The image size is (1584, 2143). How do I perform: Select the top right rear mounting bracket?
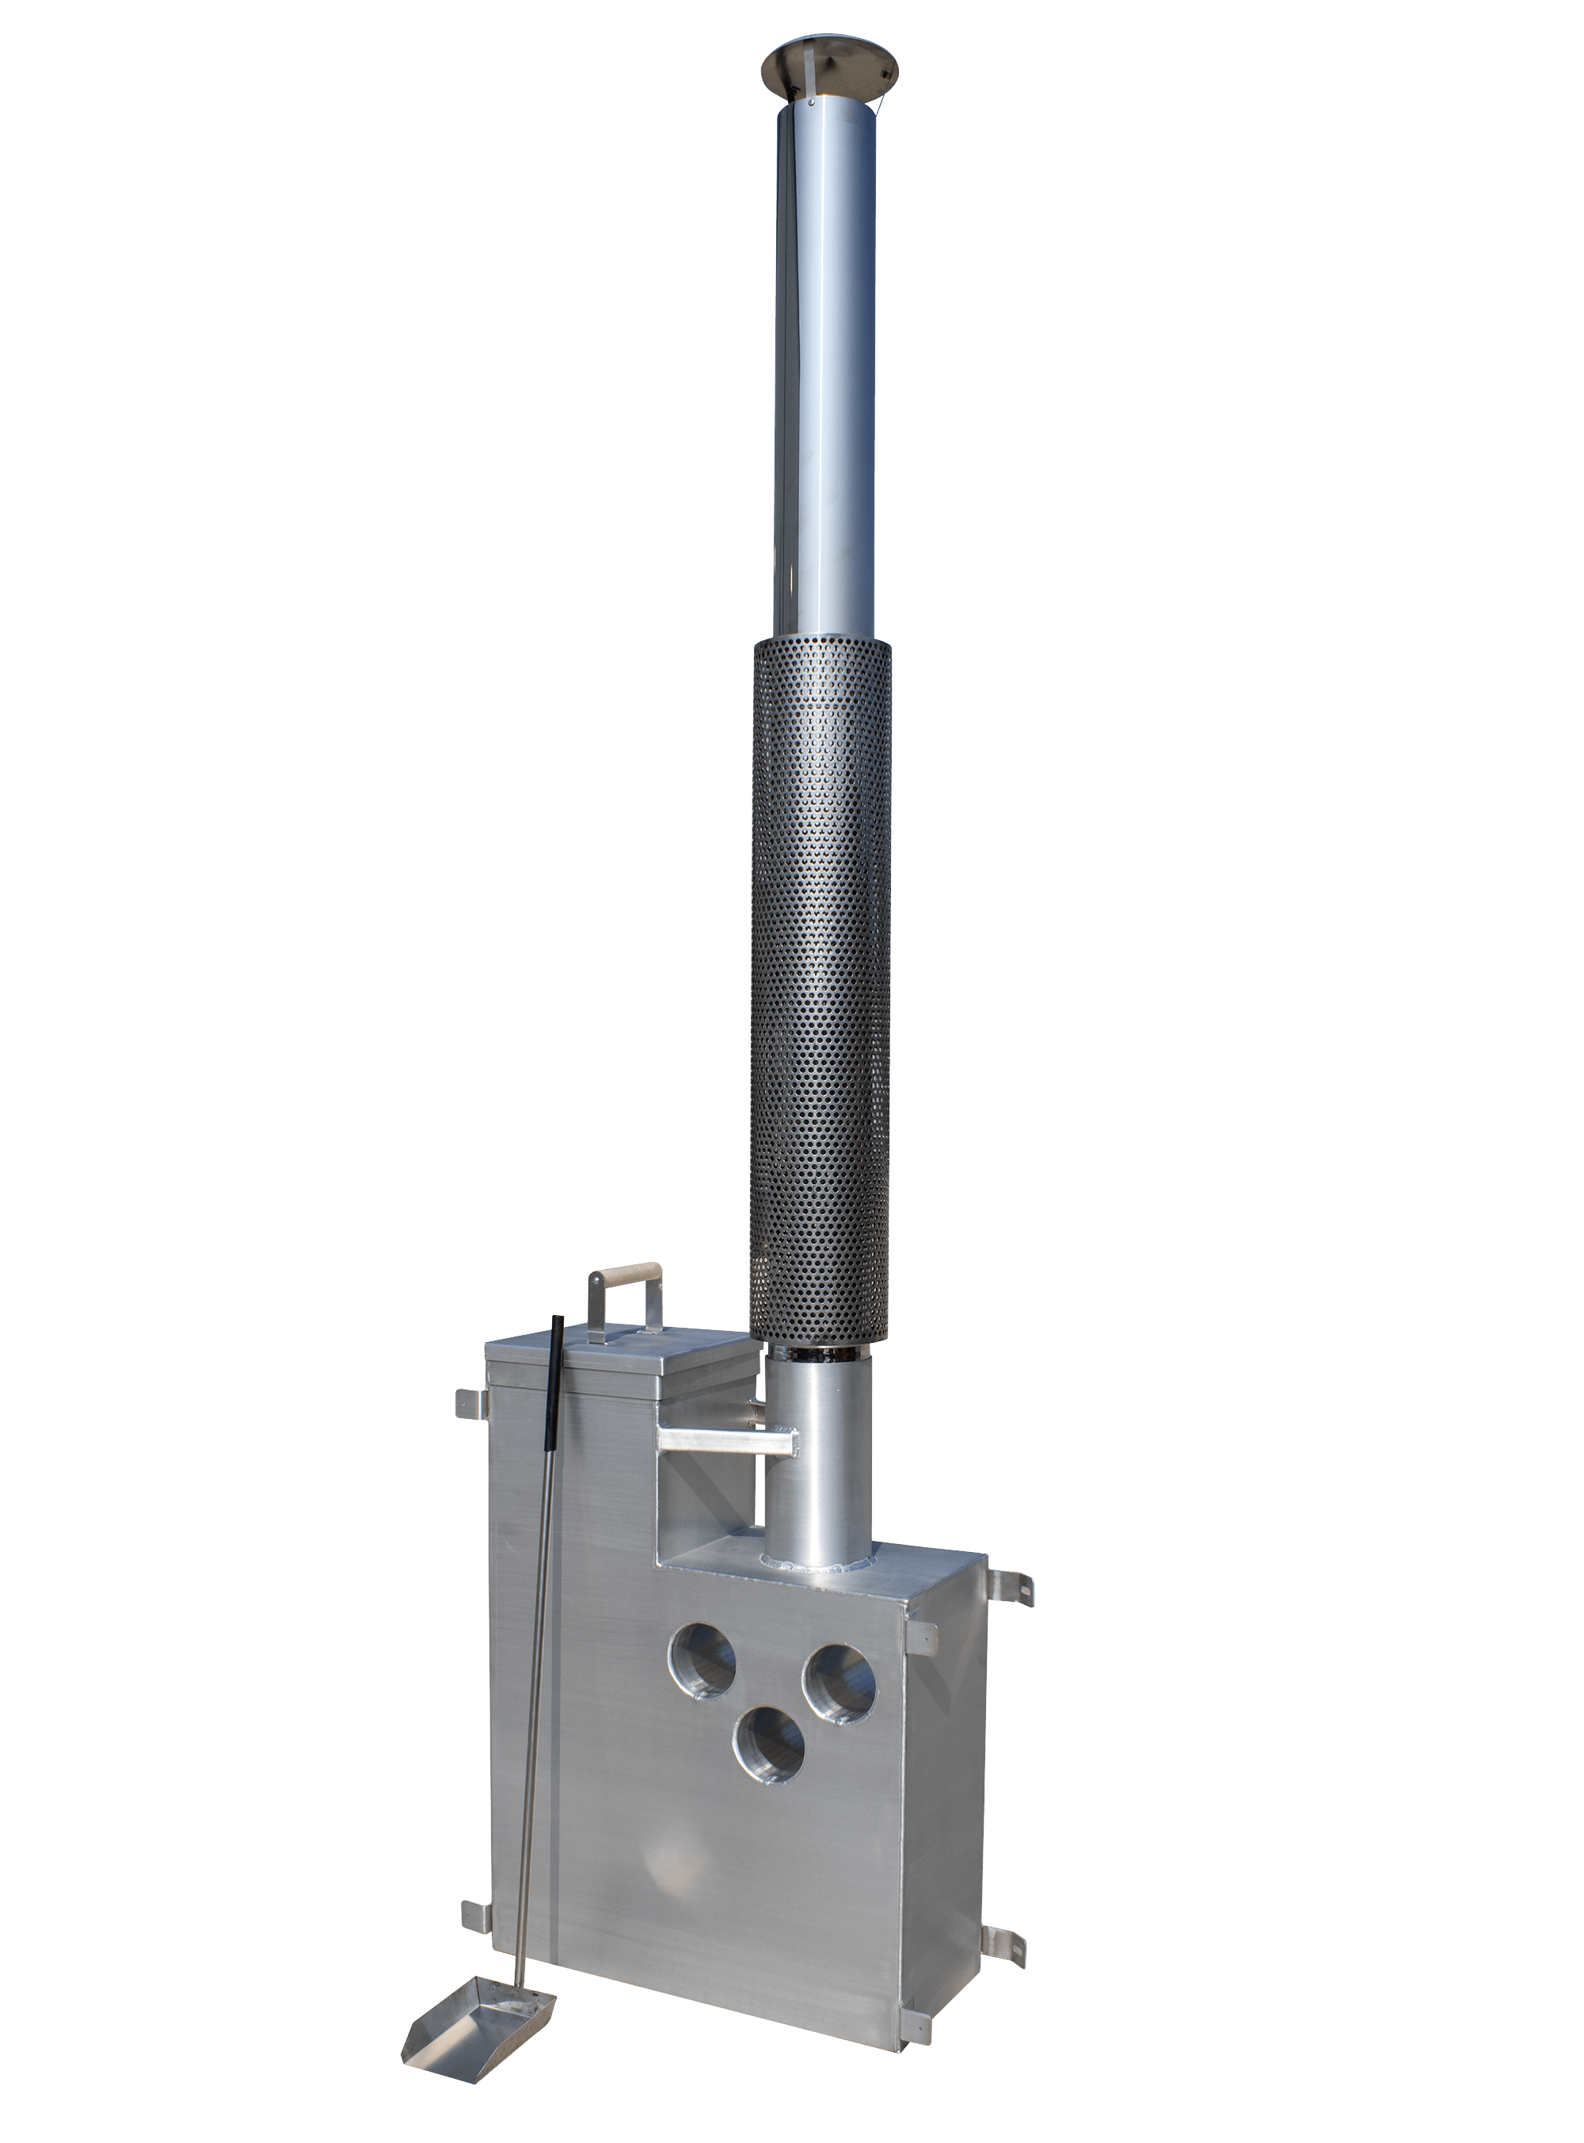(1011, 1588)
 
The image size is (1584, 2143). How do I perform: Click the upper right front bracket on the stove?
(920, 1638)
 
